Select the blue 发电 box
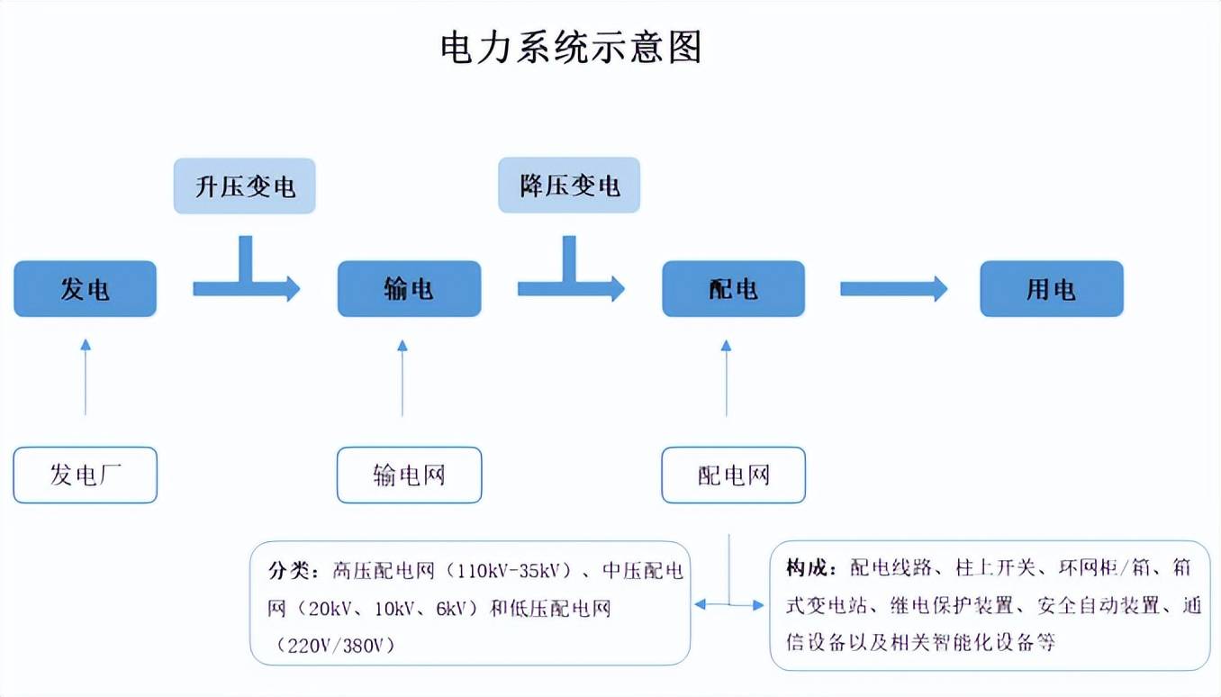pyautogui.click(x=86, y=289)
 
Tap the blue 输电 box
pyautogui.click(x=409, y=289)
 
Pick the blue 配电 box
pyautogui.click(x=733, y=289)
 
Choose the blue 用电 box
pyautogui.click(x=1051, y=289)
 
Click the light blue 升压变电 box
pyautogui.click(x=245, y=186)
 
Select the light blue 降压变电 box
pyautogui.click(x=569, y=186)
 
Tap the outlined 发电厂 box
pyautogui.click(x=86, y=475)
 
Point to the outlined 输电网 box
pyautogui.click(x=409, y=475)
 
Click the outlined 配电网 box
pyautogui.click(x=733, y=475)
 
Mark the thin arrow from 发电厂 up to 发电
pyautogui.click(x=86, y=377)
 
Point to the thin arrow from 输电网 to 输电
pyautogui.click(x=402, y=377)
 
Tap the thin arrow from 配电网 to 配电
pyautogui.click(x=727, y=377)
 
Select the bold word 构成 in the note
pyautogui.click(x=805, y=568)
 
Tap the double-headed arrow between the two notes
pyautogui.click(x=728, y=605)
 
